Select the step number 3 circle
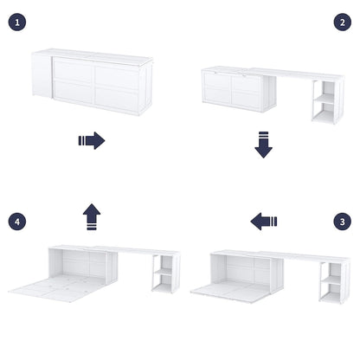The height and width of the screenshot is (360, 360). tap(343, 222)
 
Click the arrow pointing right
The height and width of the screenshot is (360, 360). tap(91, 140)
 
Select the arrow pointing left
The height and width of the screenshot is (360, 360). tap(264, 222)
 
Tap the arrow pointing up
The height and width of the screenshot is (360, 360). tap(91, 216)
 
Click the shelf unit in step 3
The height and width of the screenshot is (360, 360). tap(331, 284)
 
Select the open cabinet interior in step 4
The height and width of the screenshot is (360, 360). tap(74, 262)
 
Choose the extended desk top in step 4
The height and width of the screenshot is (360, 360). tap(138, 251)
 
